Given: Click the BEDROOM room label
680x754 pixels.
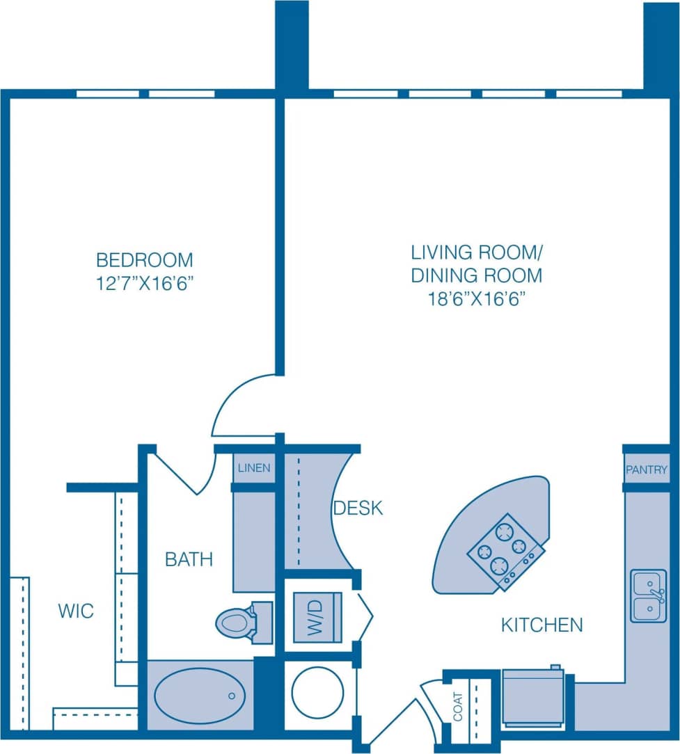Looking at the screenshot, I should pyautogui.click(x=144, y=260).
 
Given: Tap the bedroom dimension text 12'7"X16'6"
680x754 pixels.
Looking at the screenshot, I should pyautogui.click(x=144, y=284).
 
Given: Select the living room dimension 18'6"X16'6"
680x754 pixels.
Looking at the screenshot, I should pyautogui.click(x=476, y=299).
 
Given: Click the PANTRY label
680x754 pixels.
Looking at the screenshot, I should pyautogui.click(x=646, y=471).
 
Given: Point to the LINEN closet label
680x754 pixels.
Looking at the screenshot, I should pyautogui.click(x=253, y=468).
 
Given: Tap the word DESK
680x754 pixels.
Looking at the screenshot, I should pyautogui.click(x=358, y=508).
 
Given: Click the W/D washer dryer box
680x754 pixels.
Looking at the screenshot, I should pyautogui.click(x=317, y=617).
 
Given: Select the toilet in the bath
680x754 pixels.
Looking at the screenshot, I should pyautogui.click(x=237, y=621).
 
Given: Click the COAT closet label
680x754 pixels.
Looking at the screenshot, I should pyautogui.click(x=458, y=706).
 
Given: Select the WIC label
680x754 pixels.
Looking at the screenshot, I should pyautogui.click(x=76, y=612).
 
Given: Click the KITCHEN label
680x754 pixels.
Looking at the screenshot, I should pyautogui.click(x=541, y=625).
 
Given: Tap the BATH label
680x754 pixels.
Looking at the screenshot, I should pyautogui.click(x=189, y=559).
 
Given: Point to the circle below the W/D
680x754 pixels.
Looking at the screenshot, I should pyautogui.click(x=317, y=692).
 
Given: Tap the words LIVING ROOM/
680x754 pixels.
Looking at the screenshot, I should pyautogui.click(x=476, y=252).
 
